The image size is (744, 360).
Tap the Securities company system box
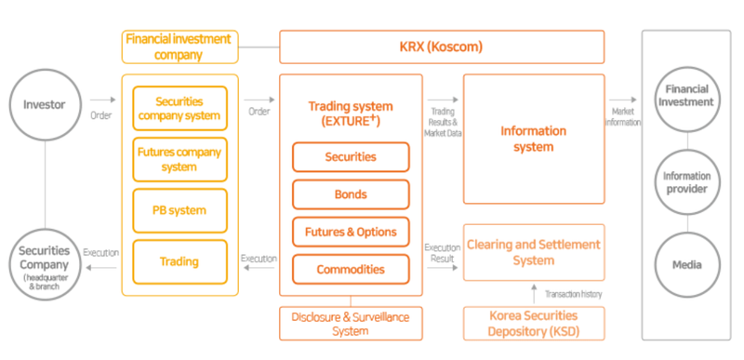pos(181,108)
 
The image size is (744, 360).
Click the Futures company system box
pos(181,158)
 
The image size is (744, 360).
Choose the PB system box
pos(181,209)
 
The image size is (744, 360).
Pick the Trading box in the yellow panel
pos(181,260)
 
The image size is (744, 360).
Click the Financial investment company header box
pos(180,47)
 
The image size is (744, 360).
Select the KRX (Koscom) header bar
pos(442,47)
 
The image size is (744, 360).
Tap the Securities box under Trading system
pos(351,157)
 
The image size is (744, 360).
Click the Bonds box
pos(351,194)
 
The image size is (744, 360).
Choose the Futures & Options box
pos(351,232)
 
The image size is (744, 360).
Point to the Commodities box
pos(351,269)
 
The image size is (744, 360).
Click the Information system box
pos(533,139)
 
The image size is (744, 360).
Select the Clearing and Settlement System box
pos(533,252)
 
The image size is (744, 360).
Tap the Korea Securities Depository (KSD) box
pos(533,323)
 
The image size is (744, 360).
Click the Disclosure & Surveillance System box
pos(351,323)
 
